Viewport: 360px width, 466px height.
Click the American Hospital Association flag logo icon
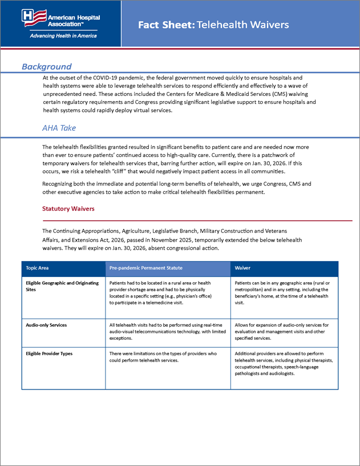[x=33, y=18]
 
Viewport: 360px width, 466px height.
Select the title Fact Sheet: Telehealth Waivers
[x=213, y=25]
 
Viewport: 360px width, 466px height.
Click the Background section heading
[x=47, y=67]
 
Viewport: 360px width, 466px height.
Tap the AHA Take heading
[x=59, y=128]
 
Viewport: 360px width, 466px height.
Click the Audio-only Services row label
[x=46, y=325]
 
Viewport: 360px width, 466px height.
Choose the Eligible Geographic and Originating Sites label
[x=62, y=286]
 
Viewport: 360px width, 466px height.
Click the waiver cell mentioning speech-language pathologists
[x=284, y=363]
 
